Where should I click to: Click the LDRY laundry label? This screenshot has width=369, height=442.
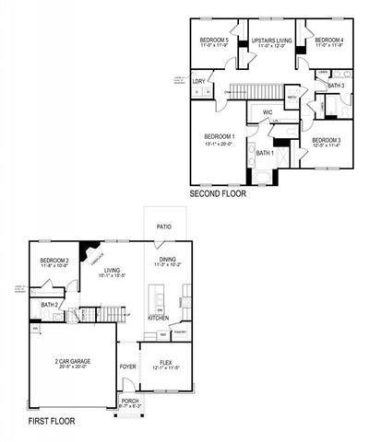tap(199, 81)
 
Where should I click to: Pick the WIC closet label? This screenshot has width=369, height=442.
tap(267, 113)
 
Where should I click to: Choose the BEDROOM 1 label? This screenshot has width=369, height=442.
tap(220, 137)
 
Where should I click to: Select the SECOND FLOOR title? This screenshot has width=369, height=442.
tap(217, 194)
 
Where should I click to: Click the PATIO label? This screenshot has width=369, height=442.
tap(164, 226)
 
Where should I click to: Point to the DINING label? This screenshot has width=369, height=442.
tap(167, 259)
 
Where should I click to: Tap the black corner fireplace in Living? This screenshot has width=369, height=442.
tap(88, 250)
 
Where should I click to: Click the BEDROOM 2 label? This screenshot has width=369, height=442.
tap(54, 261)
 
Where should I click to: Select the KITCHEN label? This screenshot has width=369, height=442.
tap(159, 317)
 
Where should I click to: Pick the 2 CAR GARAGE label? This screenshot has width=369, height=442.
tap(71, 362)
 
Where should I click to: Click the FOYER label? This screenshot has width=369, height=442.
tap(127, 366)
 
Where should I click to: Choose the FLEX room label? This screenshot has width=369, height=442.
tap(167, 362)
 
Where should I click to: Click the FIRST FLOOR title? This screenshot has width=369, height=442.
tap(51, 421)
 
